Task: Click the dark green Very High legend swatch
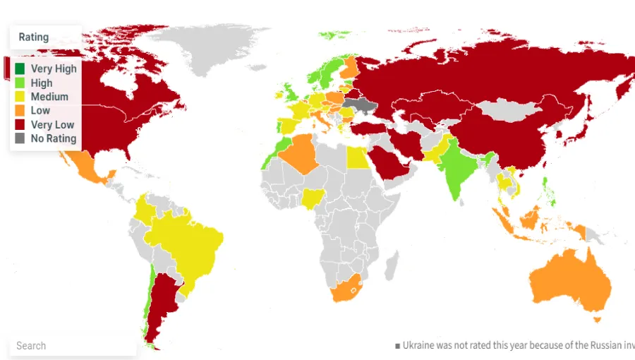coord(20,69)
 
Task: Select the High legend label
coord(41,83)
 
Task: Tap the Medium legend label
coord(49,97)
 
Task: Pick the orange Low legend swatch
coord(20,111)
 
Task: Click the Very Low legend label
coord(52,125)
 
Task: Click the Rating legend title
coord(34,37)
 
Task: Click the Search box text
coord(31,346)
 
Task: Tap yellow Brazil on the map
coord(187,244)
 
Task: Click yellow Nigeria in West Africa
coord(311,198)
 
